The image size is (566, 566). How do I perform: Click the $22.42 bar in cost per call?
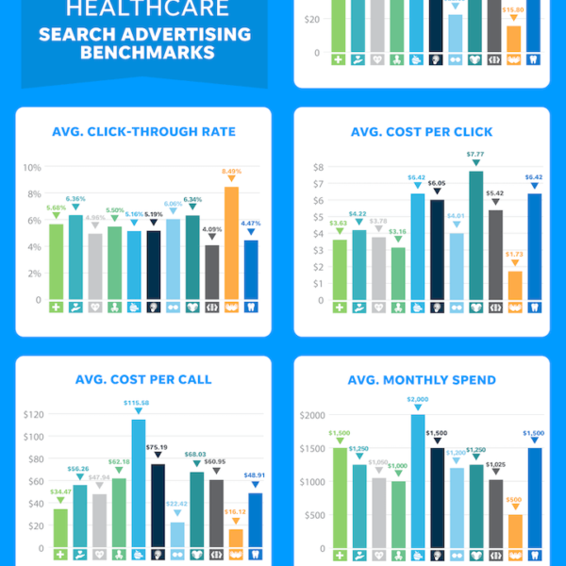(x=177, y=534)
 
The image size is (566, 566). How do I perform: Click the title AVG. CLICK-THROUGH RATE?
(x=143, y=131)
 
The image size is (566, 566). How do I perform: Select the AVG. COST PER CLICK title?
(x=421, y=131)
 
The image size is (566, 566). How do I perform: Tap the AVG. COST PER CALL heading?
(x=143, y=380)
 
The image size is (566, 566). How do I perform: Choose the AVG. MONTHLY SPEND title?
(x=421, y=380)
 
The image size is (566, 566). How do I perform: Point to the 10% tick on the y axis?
(x=31, y=168)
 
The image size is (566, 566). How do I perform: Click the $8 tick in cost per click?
(x=319, y=168)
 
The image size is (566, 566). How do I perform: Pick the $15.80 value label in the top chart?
(x=513, y=9)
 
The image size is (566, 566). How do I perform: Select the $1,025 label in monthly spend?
(x=495, y=464)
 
